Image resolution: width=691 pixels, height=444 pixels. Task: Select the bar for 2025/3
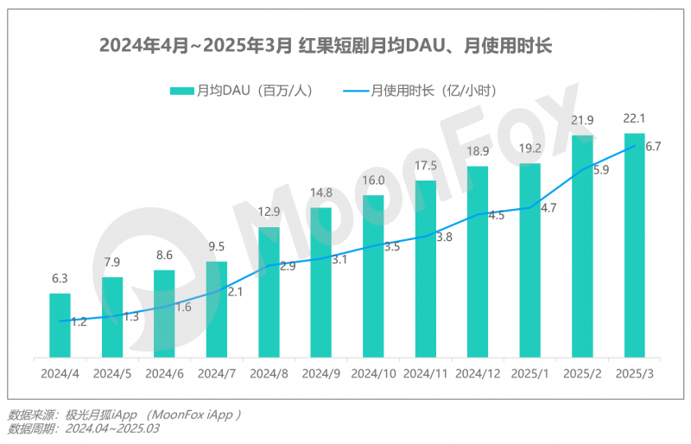click(634, 245)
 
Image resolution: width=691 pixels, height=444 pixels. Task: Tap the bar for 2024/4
click(60, 325)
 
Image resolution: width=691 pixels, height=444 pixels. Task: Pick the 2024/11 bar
click(426, 269)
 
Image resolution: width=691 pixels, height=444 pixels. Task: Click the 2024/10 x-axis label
click(373, 374)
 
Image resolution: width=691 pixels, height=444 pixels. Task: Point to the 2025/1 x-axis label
click(529, 374)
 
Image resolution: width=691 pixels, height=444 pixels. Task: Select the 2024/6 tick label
click(164, 374)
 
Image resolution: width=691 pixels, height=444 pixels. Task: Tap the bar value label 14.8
click(321, 192)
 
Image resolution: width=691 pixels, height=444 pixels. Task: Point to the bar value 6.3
click(60, 279)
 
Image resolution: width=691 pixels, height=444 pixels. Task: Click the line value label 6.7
click(653, 147)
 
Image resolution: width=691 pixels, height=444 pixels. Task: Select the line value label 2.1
click(235, 292)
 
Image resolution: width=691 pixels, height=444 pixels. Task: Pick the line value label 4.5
click(496, 216)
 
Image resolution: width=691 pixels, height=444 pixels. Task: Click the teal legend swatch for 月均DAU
click(181, 90)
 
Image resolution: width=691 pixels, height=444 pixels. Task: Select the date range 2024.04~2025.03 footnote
click(109, 428)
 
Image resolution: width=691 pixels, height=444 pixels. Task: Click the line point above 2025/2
click(582, 169)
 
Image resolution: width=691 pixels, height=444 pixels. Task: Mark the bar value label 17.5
click(426, 165)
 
